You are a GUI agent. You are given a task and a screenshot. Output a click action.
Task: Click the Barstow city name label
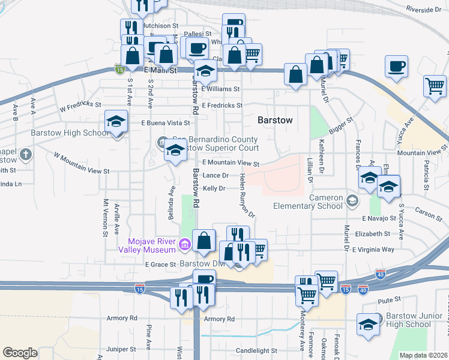[x=275, y=120]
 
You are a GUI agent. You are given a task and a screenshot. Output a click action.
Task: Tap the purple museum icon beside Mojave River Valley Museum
[x=185, y=245]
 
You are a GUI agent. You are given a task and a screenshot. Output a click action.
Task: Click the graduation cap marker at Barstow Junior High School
[x=369, y=324]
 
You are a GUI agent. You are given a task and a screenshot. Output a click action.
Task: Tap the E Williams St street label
[x=220, y=89]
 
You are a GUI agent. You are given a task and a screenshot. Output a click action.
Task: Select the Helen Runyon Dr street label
[x=247, y=196]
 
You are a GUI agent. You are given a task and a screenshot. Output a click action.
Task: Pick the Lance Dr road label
[x=215, y=175]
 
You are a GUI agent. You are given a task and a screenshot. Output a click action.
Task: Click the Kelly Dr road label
[x=214, y=188]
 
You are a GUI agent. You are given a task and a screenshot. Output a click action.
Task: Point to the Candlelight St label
[x=256, y=350]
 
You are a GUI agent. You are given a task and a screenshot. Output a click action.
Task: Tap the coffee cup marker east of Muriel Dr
[x=396, y=66]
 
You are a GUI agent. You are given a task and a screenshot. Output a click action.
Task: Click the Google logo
[x=20, y=353]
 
